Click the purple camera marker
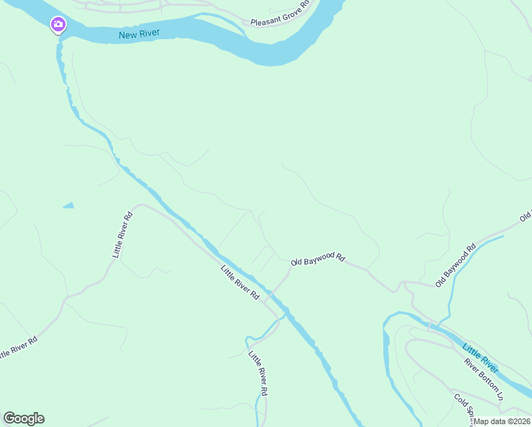58,26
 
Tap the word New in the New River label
127,33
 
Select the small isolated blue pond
68,206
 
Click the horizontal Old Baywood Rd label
318,260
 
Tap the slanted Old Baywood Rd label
455,266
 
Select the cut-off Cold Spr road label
465,406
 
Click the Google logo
23,418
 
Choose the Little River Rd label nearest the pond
122,234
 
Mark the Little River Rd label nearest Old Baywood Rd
240,283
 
